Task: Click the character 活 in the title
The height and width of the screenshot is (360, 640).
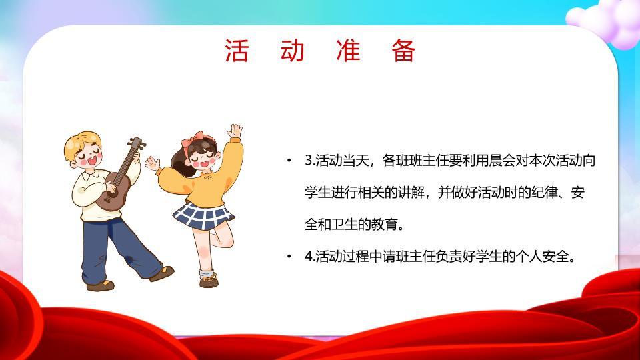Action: coord(237,51)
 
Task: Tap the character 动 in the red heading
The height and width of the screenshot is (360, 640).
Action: coord(293,51)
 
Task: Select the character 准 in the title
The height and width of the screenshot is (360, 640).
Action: coord(348,51)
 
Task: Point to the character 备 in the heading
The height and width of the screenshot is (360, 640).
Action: coord(404,51)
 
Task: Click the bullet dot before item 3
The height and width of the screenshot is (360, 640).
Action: coord(289,161)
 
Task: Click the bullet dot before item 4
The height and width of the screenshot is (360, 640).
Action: coord(289,257)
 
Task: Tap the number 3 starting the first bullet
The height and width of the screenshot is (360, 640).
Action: coord(308,161)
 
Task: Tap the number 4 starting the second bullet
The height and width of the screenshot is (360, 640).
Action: coord(308,257)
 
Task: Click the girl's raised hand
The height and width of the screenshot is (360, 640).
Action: coord(235,129)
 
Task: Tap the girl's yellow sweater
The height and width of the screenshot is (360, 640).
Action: coord(203,183)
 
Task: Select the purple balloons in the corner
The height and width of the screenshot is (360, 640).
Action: coord(610,20)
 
